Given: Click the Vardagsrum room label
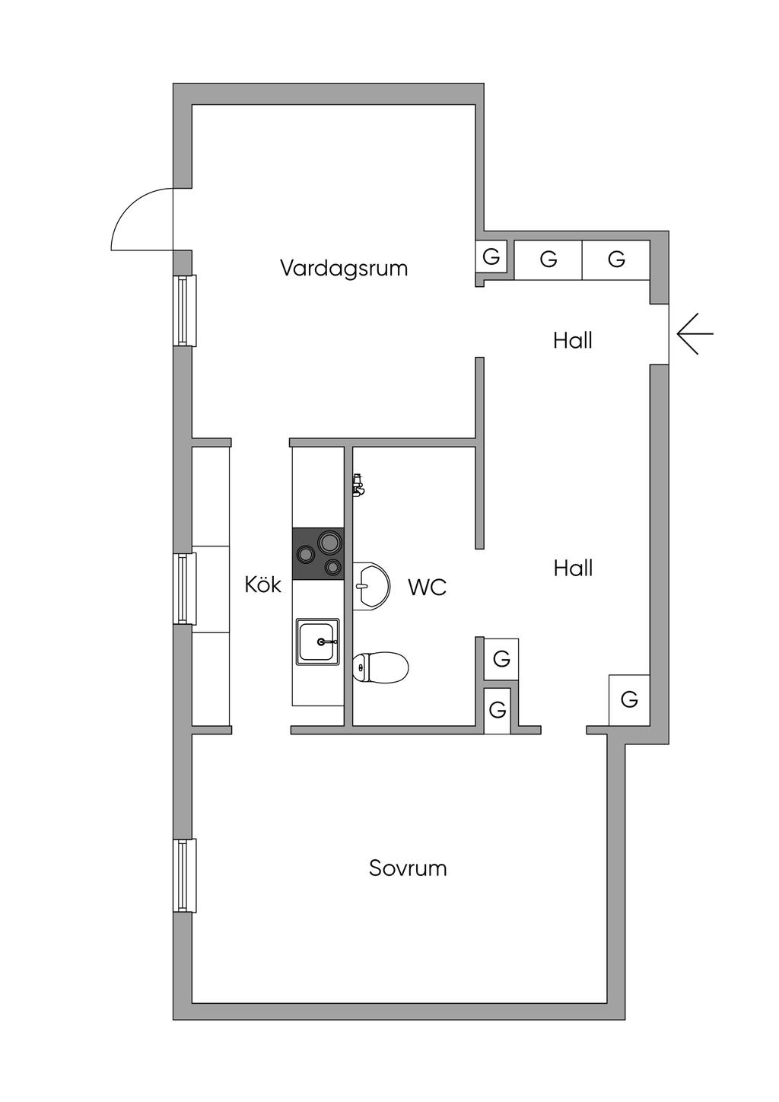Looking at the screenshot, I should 344,269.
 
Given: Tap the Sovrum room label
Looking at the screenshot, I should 408,868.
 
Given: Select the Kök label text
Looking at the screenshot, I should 263,584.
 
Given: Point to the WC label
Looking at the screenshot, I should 427,588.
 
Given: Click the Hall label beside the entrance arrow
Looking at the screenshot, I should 573,340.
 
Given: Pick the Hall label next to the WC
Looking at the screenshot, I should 573,568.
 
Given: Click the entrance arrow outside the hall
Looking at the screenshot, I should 695,334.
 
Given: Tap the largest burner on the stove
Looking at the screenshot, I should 329,543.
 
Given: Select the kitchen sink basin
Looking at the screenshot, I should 317,642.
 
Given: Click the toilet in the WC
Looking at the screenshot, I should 382,667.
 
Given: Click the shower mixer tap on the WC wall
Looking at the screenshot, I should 358,485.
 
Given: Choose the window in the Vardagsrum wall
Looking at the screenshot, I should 184,311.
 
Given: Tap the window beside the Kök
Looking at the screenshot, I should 184,588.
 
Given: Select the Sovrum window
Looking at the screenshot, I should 184,875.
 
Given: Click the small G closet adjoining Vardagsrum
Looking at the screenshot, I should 491,256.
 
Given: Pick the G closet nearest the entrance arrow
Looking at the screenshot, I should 616,260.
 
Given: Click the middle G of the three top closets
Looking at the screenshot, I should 548,260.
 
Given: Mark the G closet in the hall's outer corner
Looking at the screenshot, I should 628,699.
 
